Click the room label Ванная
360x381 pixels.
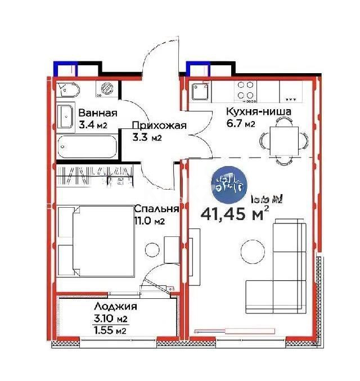pos(98,112)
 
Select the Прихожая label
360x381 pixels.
pos(159,125)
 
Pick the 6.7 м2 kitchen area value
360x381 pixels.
pos(241,124)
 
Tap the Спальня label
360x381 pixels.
pos(156,209)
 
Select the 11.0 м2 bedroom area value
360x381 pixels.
pos(149,221)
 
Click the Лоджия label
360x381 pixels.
pos(116,307)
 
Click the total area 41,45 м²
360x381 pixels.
pos(235,214)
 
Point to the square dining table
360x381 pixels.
pos(282,138)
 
